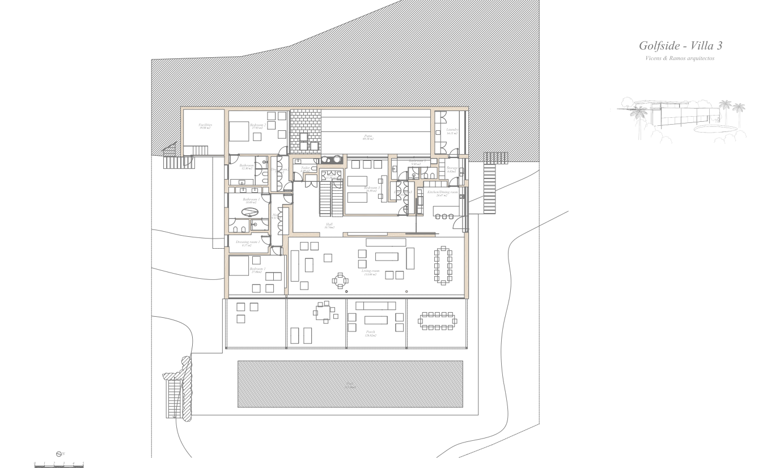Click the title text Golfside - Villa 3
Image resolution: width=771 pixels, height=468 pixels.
[x=680, y=46]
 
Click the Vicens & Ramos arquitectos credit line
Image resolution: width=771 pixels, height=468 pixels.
[x=680, y=59]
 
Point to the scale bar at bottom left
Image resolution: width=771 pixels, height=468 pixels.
[x=59, y=464]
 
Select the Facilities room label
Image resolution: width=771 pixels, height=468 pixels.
[x=205, y=126]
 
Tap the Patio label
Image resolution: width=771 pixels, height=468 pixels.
[x=368, y=137]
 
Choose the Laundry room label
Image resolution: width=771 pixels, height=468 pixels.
[x=452, y=131]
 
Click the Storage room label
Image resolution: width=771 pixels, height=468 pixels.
[x=452, y=169]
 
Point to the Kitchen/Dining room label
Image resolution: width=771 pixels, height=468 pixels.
[x=443, y=193]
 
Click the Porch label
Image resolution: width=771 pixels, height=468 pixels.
[x=370, y=333]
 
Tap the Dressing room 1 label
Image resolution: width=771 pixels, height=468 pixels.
[x=247, y=242]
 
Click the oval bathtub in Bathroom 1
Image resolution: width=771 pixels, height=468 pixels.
[x=250, y=212]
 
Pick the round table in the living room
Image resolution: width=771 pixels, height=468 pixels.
[x=341, y=280]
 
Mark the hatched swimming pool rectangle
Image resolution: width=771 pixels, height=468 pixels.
[x=350, y=384]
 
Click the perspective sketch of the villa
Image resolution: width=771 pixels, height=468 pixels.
[x=680, y=119]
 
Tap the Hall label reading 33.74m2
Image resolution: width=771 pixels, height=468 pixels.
[x=329, y=225]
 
